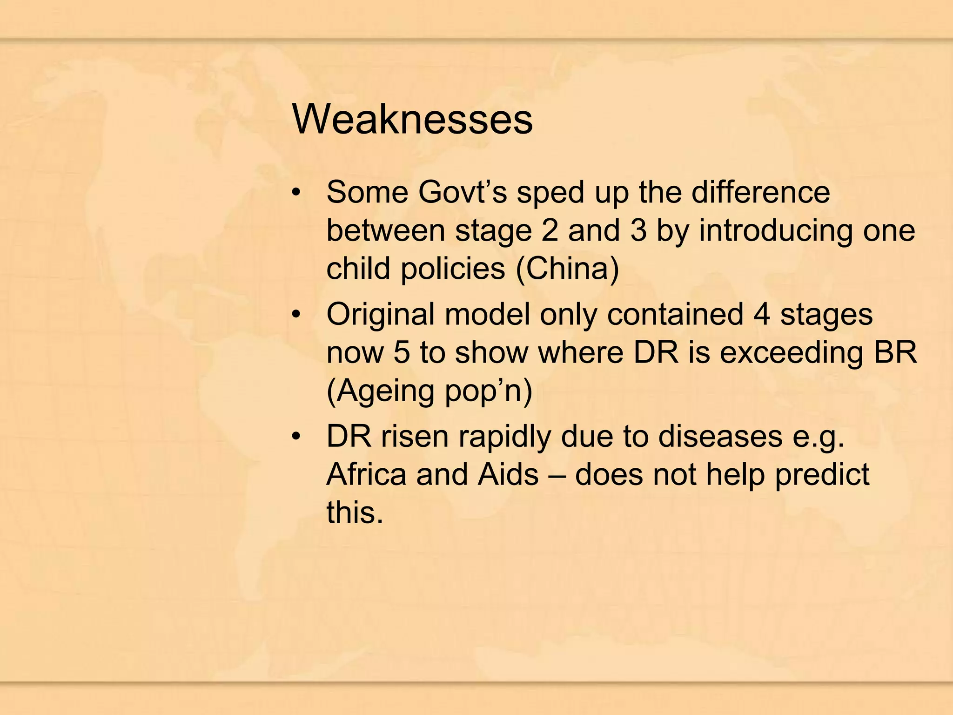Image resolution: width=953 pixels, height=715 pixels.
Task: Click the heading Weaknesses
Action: click(x=412, y=119)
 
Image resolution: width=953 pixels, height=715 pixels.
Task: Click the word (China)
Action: click(x=567, y=269)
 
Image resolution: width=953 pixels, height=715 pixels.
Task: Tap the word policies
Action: click(x=453, y=269)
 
